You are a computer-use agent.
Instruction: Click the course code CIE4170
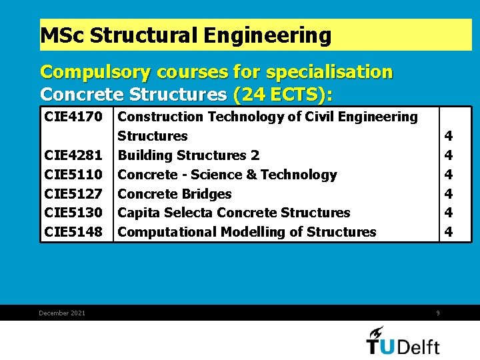click(x=73, y=117)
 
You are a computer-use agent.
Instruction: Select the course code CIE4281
click(x=73, y=155)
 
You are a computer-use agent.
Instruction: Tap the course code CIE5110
click(x=73, y=175)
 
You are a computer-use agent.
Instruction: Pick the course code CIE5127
click(x=73, y=194)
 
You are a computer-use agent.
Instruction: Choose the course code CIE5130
click(x=73, y=213)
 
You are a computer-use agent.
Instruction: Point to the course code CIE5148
click(x=73, y=232)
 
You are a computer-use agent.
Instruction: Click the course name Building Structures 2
click(x=189, y=155)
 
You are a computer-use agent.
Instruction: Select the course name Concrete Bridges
click(x=175, y=194)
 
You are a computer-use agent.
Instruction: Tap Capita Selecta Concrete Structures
click(x=234, y=213)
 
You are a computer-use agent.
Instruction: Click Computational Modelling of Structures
click(x=247, y=232)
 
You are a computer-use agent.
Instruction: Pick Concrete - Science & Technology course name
click(x=227, y=175)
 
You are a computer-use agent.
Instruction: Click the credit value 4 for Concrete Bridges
click(x=449, y=194)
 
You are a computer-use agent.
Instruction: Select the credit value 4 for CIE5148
click(x=449, y=232)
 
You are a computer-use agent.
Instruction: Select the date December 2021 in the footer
click(x=62, y=313)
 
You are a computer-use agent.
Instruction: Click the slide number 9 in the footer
click(x=438, y=313)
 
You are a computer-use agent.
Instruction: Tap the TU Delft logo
click(x=403, y=341)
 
